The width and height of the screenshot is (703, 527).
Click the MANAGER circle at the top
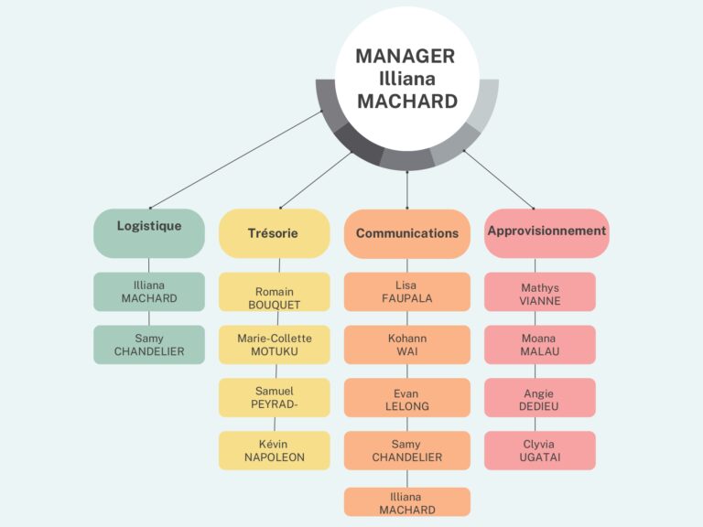[x=406, y=78]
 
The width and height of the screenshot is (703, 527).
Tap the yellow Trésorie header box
[x=274, y=233]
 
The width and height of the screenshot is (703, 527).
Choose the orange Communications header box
[x=407, y=233]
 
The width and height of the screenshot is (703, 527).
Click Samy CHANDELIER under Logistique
[x=149, y=345]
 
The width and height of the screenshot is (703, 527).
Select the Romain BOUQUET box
[x=274, y=292]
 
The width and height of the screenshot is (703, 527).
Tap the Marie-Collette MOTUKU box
[x=274, y=345]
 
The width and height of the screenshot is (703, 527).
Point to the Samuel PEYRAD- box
[x=274, y=398]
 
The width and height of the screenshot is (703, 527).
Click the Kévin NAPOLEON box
[x=274, y=451]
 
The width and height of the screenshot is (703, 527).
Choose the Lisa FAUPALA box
[x=407, y=292]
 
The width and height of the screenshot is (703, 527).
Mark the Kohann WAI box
[x=407, y=345]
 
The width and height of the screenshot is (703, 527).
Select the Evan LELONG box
[x=407, y=398]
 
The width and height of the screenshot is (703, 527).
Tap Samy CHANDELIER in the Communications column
[x=407, y=451]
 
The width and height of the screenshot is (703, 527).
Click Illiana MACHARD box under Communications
[x=407, y=502]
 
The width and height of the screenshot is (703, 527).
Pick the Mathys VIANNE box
[x=540, y=292]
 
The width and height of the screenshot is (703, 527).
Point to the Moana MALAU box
[x=540, y=345]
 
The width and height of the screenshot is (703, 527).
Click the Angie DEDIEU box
[x=540, y=398]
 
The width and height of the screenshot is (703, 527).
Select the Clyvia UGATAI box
[x=540, y=451]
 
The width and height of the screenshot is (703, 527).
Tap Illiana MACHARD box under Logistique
[x=149, y=292]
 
